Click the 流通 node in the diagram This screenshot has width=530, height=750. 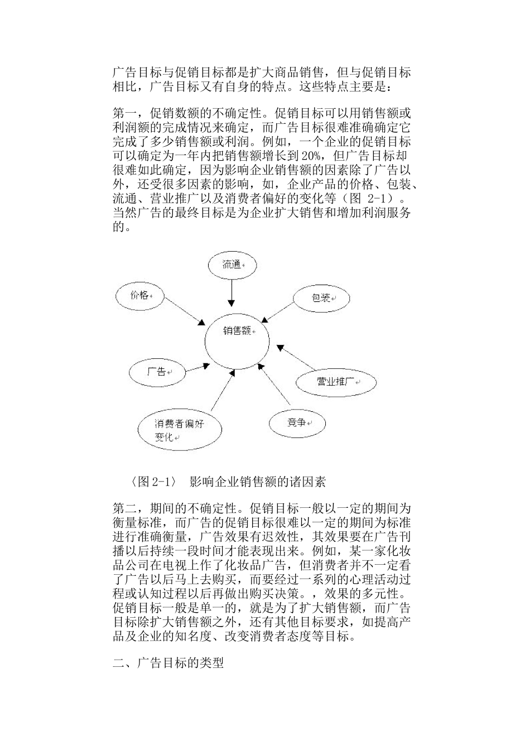[232, 265]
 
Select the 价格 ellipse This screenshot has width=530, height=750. [139, 296]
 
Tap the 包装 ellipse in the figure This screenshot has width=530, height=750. [322, 299]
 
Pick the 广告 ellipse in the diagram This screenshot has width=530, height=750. [157, 372]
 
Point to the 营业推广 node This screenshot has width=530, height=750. [336, 382]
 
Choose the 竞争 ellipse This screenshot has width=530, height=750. [297, 423]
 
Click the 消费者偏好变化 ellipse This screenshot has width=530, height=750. [180, 430]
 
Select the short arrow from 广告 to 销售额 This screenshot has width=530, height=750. [198, 367]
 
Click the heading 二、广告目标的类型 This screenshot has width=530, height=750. [168, 664]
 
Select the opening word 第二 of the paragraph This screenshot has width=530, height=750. [124, 508]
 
